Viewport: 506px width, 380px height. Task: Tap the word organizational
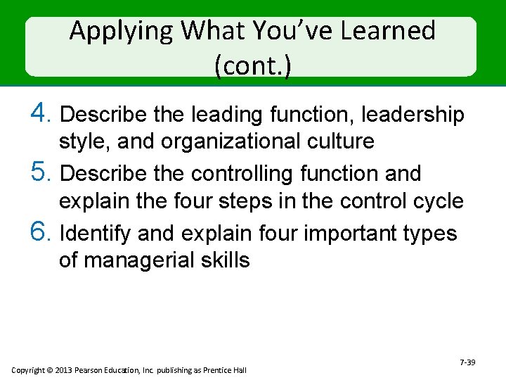pyautogui.click(x=231, y=141)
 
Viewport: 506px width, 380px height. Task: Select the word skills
pyautogui.click(x=225, y=260)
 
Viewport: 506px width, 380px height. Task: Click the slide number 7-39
pyautogui.click(x=467, y=362)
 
